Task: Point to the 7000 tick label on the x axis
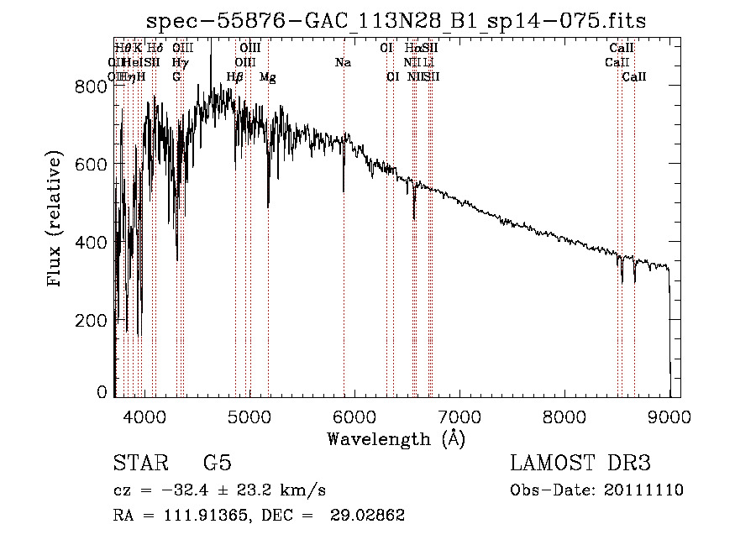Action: pyautogui.click(x=459, y=416)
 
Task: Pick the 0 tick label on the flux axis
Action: pyautogui.click(x=102, y=392)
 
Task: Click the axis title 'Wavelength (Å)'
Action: pyautogui.click(x=396, y=438)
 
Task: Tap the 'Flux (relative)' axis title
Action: pyautogui.click(x=56, y=220)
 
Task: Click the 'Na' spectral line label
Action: pyautogui.click(x=343, y=62)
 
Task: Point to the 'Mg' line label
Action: pyautogui.click(x=268, y=77)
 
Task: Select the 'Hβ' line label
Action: pyautogui.click(x=236, y=77)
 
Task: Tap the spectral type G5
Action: pyautogui.click(x=217, y=464)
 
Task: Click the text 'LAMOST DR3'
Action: pyautogui.click(x=580, y=464)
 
